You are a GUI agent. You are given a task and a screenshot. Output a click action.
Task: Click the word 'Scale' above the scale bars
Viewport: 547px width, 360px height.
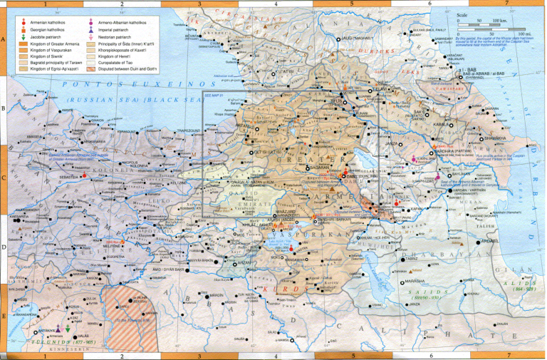[x=463, y=14]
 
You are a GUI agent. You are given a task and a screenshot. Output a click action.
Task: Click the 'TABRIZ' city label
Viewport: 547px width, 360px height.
[x=412, y=259]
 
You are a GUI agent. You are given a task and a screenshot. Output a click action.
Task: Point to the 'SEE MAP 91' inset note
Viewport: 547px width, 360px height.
[x=213, y=95]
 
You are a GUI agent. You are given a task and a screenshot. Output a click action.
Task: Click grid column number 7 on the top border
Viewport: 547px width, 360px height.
[x=506, y=4]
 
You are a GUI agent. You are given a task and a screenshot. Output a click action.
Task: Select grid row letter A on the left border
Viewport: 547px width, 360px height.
[x=4, y=41]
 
